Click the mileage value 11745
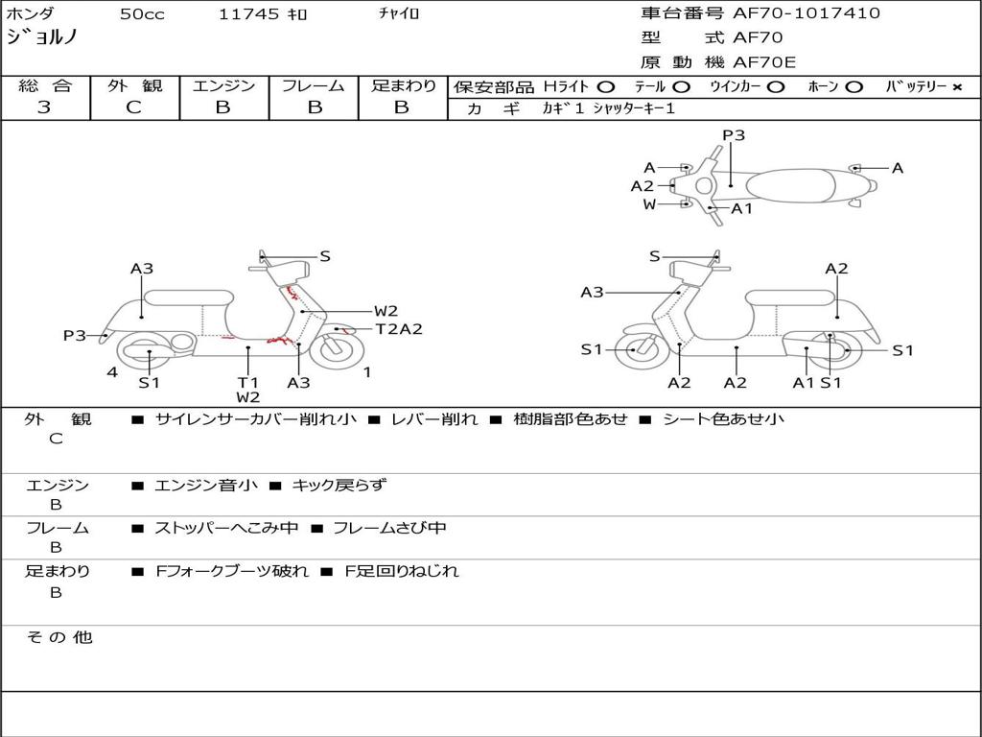[248, 14]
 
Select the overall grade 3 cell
[44, 107]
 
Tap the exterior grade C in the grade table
[133, 107]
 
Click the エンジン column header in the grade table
[223, 85]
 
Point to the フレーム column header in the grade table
[314, 85]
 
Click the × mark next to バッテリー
[956, 87]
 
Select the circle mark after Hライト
[605, 87]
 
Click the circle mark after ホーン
[853, 87]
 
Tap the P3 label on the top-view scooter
[734, 135]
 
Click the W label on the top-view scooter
[649, 204]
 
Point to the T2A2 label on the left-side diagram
[399, 329]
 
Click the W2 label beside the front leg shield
[386, 311]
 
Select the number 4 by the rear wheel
[112, 372]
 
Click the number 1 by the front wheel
[367, 372]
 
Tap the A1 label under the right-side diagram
[804, 383]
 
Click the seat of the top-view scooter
[794, 185]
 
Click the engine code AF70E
[764, 62]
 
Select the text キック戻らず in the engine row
[339, 486]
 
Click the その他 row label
[59, 637]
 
